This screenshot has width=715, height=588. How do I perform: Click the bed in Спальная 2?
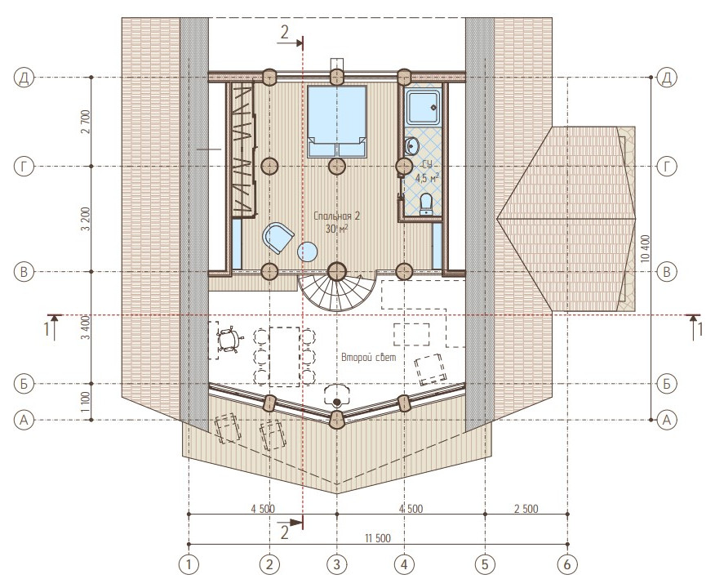(337, 122)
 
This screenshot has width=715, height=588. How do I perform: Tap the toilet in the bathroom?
(426, 203)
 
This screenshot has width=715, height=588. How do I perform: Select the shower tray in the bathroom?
(424, 108)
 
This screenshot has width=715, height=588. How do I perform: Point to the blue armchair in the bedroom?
(278, 237)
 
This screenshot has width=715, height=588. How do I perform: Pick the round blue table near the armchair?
(308, 252)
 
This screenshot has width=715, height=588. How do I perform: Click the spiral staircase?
(337, 292)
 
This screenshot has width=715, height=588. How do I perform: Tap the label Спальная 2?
(337, 216)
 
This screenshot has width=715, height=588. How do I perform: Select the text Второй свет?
(369, 357)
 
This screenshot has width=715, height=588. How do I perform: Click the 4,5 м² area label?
(427, 178)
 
